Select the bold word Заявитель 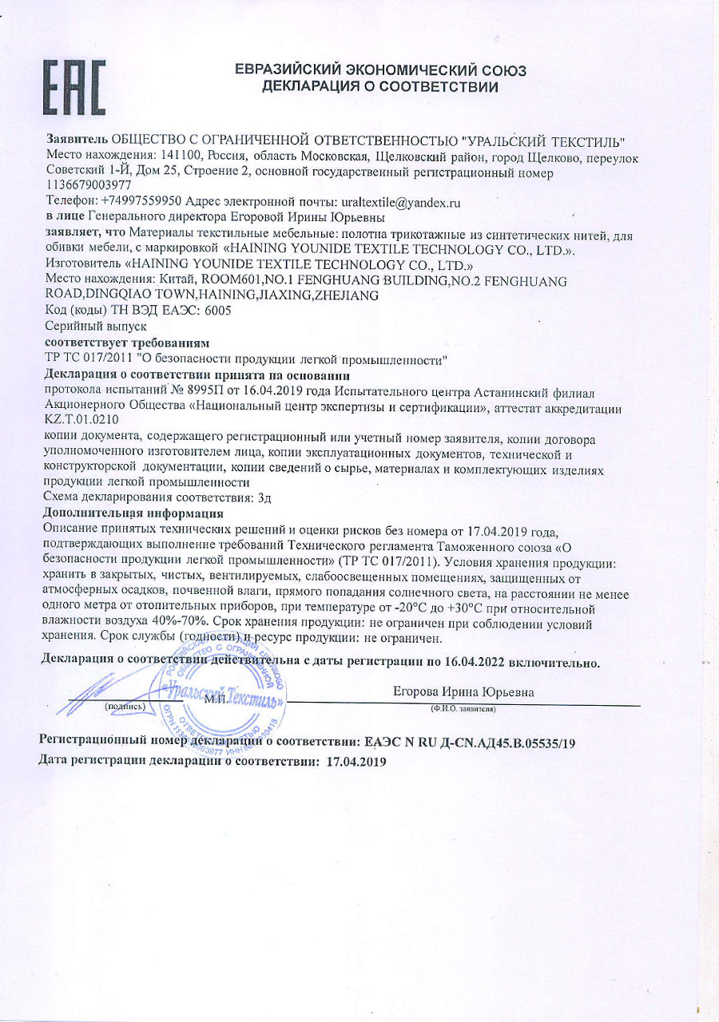tap(77, 141)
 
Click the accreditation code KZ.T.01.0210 tap(82, 420)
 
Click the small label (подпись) tap(125, 707)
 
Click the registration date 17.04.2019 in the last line tap(356, 762)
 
